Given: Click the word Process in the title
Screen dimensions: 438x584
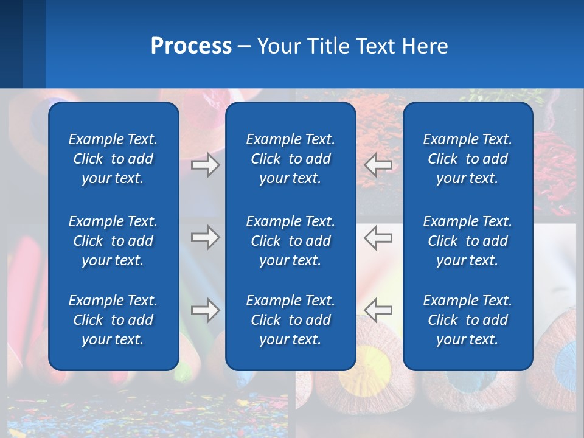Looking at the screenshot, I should (x=191, y=46).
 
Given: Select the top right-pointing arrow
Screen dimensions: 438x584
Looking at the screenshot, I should (x=205, y=165).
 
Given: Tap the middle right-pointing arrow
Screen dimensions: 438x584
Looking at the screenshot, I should (x=205, y=237).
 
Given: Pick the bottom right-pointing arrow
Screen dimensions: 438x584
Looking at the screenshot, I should (x=205, y=310).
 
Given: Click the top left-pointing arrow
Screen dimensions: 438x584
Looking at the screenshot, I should (x=378, y=165).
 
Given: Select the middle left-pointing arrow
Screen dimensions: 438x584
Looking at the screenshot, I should (x=378, y=237).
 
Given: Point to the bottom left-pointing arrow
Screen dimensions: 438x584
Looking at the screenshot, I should (x=378, y=310).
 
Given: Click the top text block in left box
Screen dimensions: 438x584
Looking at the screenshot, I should (x=113, y=159).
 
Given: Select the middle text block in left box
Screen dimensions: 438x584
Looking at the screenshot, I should (x=113, y=241).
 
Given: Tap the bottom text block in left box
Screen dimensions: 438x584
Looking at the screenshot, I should (x=113, y=320).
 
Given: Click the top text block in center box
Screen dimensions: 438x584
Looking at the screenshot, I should (x=290, y=159).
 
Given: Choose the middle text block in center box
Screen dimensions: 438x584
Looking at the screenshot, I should (x=290, y=241).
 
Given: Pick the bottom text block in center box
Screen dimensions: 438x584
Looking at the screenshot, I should (x=290, y=320).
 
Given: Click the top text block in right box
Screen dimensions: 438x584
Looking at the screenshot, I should (x=467, y=159).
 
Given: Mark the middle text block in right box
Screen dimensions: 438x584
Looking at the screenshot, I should (x=467, y=241).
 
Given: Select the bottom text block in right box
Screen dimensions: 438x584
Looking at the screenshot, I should (x=467, y=320).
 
